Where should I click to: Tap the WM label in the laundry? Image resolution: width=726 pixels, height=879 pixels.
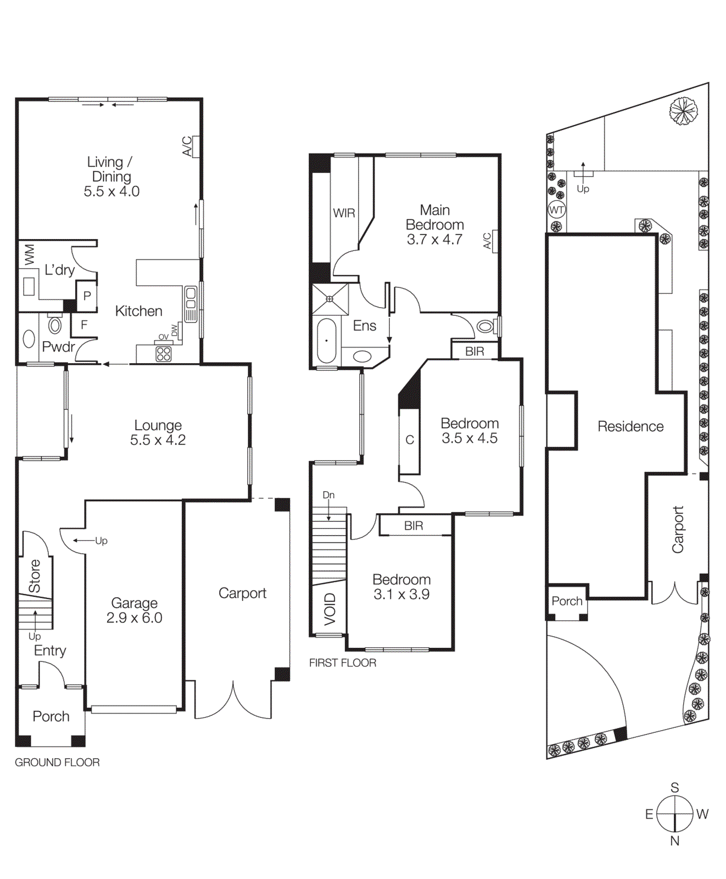tap(30, 254)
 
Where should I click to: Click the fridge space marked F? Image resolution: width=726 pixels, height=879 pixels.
tap(84, 325)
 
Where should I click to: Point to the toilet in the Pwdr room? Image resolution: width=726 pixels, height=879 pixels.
tap(55, 324)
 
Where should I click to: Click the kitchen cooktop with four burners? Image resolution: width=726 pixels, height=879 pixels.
tap(164, 353)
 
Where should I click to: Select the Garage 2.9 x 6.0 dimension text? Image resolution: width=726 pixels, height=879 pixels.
tap(134, 617)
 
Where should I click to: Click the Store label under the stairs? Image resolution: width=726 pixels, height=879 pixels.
tap(35, 576)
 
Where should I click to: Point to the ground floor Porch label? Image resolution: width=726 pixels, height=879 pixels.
tap(51, 716)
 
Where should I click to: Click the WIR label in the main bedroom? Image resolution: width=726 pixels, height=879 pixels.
tap(344, 213)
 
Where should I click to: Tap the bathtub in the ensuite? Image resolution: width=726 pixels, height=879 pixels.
tap(326, 341)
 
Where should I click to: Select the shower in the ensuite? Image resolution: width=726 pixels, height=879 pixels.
tap(330, 299)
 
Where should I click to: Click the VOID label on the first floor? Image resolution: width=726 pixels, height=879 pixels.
tap(330, 609)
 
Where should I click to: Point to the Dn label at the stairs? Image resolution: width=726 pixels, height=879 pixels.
tap(328, 495)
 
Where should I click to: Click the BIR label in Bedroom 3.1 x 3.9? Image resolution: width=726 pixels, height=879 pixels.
tap(414, 526)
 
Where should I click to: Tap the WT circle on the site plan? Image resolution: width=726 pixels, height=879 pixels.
tap(556, 210)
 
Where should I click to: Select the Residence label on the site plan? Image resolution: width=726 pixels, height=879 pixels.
tap(630, 426)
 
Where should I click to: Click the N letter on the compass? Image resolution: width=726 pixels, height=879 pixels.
tap(675, 841)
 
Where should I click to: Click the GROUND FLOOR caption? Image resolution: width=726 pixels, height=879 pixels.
tap(57, 763)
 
